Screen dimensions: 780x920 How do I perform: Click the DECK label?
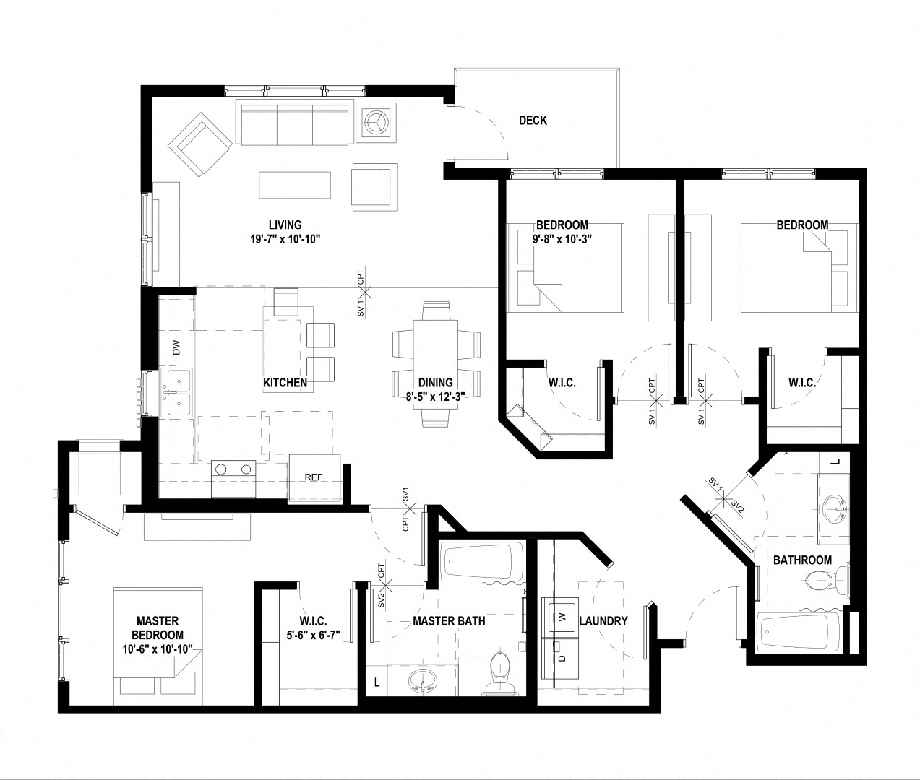pos(533,121)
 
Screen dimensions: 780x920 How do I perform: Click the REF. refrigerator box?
pos(314,478)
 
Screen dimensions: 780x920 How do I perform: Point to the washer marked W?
pos(559,617)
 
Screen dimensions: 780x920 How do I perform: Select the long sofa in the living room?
pos(294,124)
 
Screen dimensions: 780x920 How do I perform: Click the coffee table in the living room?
pos(295,184)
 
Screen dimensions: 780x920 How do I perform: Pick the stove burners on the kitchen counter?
pos(234,470)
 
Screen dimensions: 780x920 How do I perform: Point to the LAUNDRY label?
pos(603,620)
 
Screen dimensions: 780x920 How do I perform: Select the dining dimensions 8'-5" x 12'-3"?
pos(435,396)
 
